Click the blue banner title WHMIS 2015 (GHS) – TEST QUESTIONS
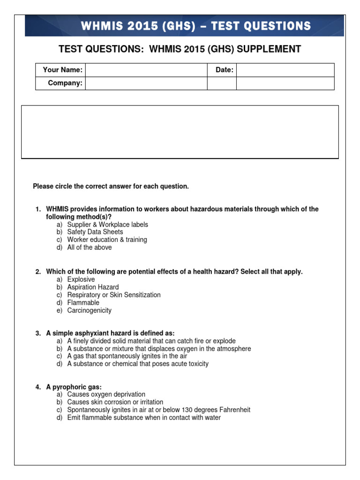(196, 26)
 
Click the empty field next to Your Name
(146, 70)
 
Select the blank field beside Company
(146, 83)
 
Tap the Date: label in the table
(225, 70)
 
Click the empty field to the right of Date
(285, 70)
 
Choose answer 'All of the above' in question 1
(89, 247)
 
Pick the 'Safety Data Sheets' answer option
(95, 232)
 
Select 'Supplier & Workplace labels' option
(107, 225)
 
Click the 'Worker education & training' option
(107, 240)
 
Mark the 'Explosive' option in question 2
(81, 279)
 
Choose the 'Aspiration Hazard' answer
(93, 287)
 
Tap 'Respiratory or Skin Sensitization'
(113, 295)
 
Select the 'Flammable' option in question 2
(83, 303)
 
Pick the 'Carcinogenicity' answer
(89, 310)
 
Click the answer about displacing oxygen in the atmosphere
(159, 349)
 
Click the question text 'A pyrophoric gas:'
(74, 387)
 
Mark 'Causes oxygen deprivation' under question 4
(106, 394)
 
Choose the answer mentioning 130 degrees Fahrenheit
(158, 410)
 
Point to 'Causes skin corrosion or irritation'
(115, 402)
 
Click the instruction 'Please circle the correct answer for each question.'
(111, 187)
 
